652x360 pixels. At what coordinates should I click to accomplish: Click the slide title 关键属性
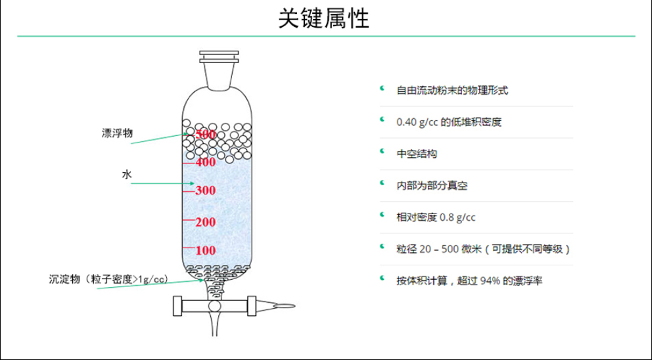(x=323, y=18)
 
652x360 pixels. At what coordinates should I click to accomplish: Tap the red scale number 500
(x=206, y=134)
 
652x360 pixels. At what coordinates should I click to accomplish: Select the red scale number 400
(x=206, y=162)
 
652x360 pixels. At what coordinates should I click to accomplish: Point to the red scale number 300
(x=206, y=191)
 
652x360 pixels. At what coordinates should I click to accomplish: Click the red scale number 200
(x=206, y=222)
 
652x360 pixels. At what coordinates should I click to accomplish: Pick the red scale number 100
(x=206, y=250)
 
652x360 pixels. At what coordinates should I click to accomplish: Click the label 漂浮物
(x=117, y=133)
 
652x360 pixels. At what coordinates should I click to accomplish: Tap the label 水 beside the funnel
(x=127, y=174)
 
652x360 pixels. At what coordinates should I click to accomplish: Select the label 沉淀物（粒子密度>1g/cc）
(x=108, y=279)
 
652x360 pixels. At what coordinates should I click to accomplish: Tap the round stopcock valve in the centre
(x=214, y=306)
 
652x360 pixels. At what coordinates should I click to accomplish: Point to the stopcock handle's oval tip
(x=285, y=306)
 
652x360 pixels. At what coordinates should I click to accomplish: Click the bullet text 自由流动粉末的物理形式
(x=452, y=90)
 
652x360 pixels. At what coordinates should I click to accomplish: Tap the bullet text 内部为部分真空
(x=432, y=185)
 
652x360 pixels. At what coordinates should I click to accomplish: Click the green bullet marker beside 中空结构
(x=382, y=151)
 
